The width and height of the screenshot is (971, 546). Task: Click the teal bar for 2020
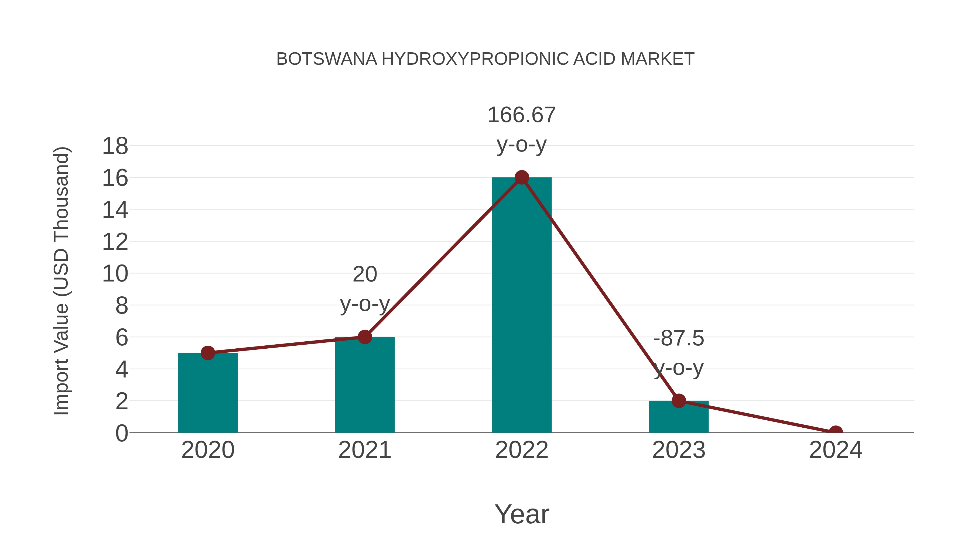coord(208,394)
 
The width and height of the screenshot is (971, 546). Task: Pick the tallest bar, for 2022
coord(522,305)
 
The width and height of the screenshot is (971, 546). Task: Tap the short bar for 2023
coord(679,417)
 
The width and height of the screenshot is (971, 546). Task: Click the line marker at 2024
coord(836,432)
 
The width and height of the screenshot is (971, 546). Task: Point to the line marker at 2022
coord(522,177)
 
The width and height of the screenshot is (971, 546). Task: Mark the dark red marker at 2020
coord(208,353)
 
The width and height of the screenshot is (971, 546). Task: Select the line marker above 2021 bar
coord(364,337)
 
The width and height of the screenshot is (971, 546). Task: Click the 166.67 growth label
coord(522,115)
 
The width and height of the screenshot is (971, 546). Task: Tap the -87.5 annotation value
coord(679,338)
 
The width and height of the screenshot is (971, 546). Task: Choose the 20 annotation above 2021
coord(364,274)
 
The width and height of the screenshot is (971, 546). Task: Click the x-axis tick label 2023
coord(679,450)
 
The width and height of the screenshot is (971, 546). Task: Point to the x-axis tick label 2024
coord(836,450)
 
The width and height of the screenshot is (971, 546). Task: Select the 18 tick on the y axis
coord(115,146)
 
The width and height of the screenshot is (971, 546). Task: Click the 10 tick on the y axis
coord(115,274)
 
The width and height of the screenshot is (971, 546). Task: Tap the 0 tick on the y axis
coord(122,433)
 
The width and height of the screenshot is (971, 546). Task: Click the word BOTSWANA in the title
coord(326,59)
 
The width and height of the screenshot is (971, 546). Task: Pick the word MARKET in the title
coord(657,59)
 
